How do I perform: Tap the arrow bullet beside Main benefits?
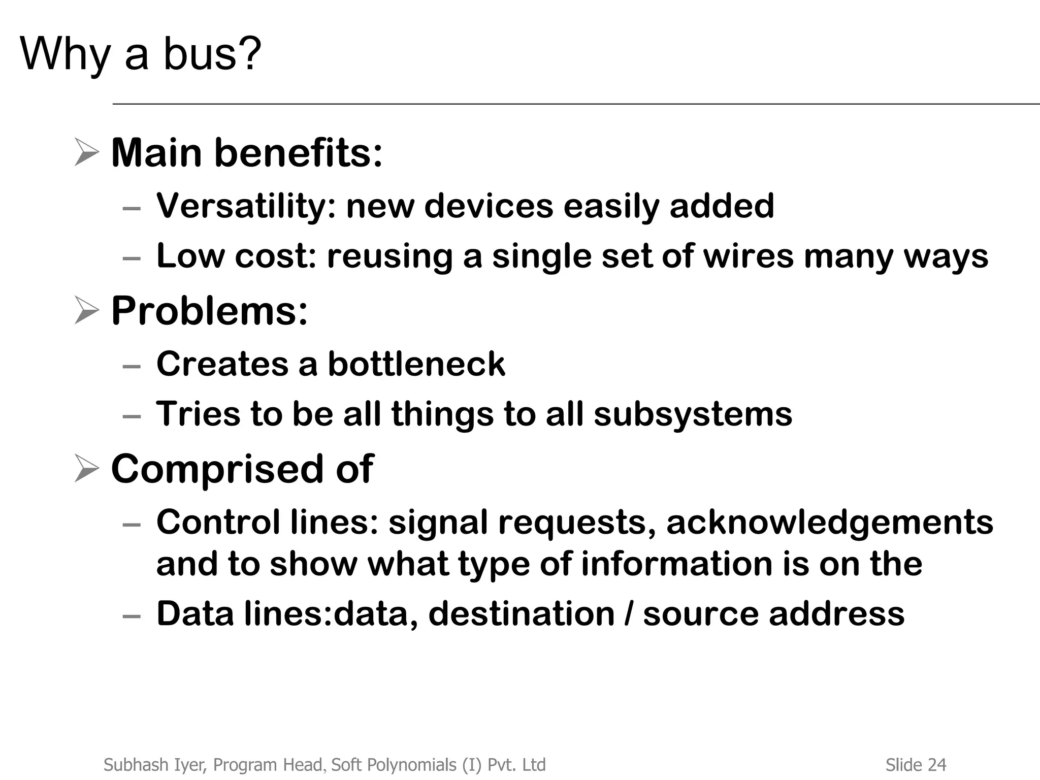click(x=86, y=152)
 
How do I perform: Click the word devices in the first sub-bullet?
click(x=489, y=206)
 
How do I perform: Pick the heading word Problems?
click(x=209, y=311)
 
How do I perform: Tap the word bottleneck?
click(x=416, y=364)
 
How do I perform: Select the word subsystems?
click(x=693, y=413)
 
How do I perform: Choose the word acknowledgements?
click(x=829, y=522)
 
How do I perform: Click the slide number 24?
click(x=937, y=765)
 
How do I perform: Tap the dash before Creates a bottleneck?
click(x=132, y=366)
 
